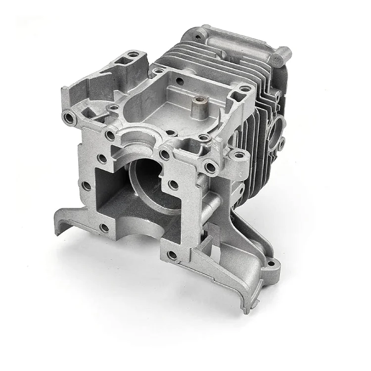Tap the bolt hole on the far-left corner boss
[x=69, y=117]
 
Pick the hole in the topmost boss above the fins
[x=199, y=35]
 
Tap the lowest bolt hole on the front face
[x=172, y=255]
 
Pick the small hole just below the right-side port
[x=280, y=145]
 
